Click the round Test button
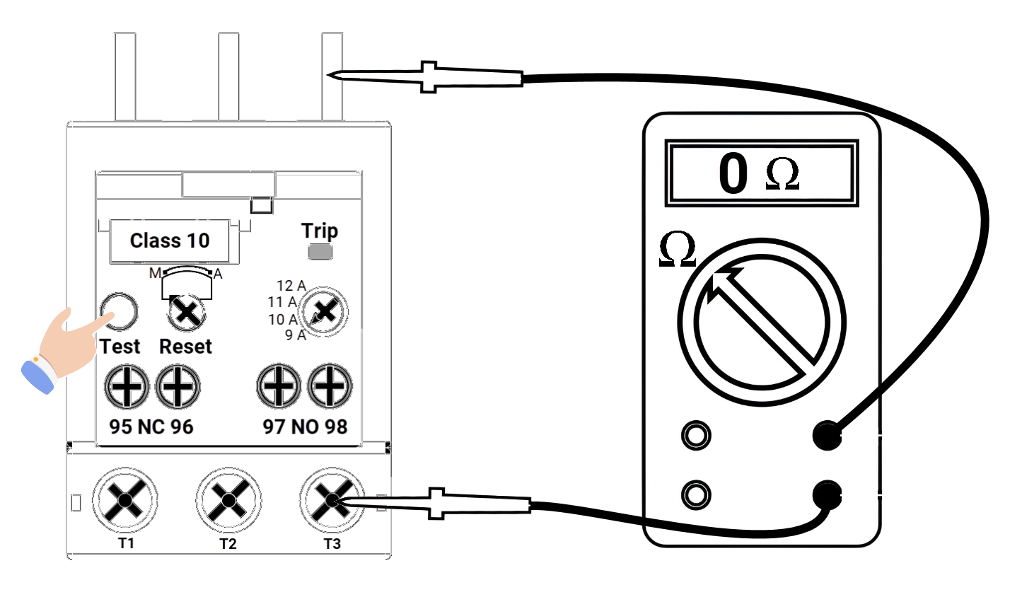coord(119,311)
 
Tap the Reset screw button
coord(187,312)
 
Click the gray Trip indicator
coord(320,252)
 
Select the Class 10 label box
coord(170,240)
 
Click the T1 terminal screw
coord(125,501)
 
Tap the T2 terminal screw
coord(228,501)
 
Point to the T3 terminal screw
coord(331,501)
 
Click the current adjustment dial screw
coord(325,311)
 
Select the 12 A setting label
coord(291,286)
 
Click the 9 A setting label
coord(296,335)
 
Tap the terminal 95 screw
coord(126,387)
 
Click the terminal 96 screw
coord(178,387)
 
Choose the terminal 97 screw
coord(278,387)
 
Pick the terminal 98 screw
coord(330,387)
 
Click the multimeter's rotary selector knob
coord(762,322)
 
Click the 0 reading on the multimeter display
coord(733,173)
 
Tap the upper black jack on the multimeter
coord(826,435)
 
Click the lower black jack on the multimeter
coord(826,494)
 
